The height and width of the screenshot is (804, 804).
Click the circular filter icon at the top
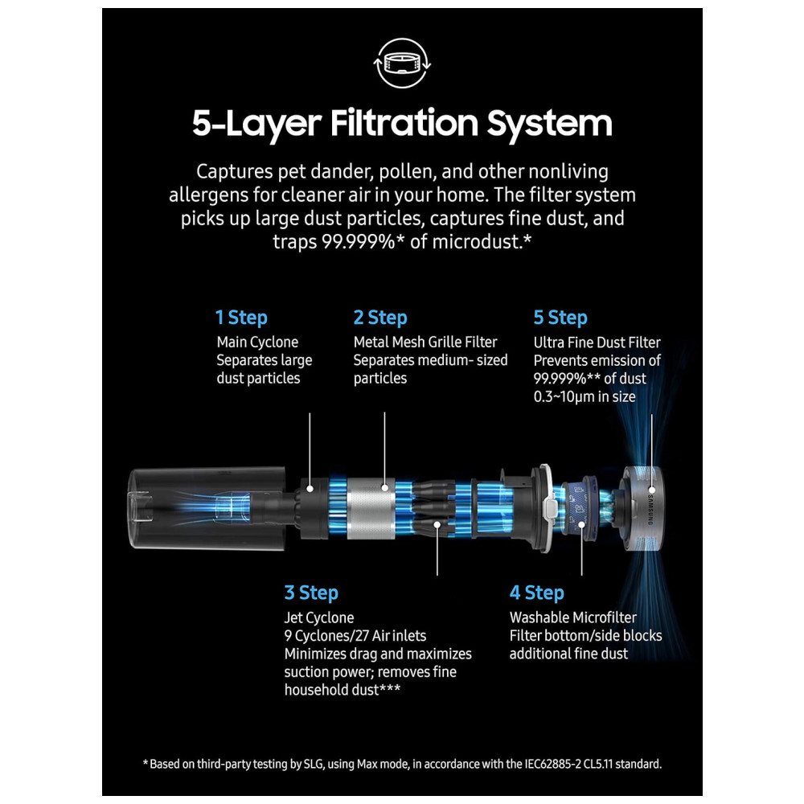pos(402,64)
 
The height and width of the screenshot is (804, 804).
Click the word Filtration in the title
pos(404,122)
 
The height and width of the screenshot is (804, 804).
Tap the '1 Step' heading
pos(241,318)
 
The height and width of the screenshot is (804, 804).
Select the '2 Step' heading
pos(380,318)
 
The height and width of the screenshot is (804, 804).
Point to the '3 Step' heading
pos(311,593)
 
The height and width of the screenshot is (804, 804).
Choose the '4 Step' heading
pos(537,593)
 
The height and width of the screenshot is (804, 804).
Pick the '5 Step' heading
pos(560,318)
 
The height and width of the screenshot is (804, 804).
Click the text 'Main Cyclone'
pos(257,342)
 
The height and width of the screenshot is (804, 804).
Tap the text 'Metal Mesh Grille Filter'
pos(425,342)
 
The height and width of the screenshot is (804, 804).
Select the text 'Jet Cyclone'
pos(319,617)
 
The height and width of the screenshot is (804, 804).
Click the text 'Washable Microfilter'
pos(572,617)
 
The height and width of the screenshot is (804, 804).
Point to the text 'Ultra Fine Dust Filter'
pos(597,343)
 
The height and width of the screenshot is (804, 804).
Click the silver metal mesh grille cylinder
pos(371,508)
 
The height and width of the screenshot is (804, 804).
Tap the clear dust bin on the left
pos(206,508)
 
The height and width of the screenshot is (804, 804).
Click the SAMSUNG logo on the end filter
pos(650,509)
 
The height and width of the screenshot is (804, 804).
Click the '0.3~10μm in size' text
pos(585,397)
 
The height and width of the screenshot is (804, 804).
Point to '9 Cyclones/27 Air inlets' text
pos(355,636)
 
